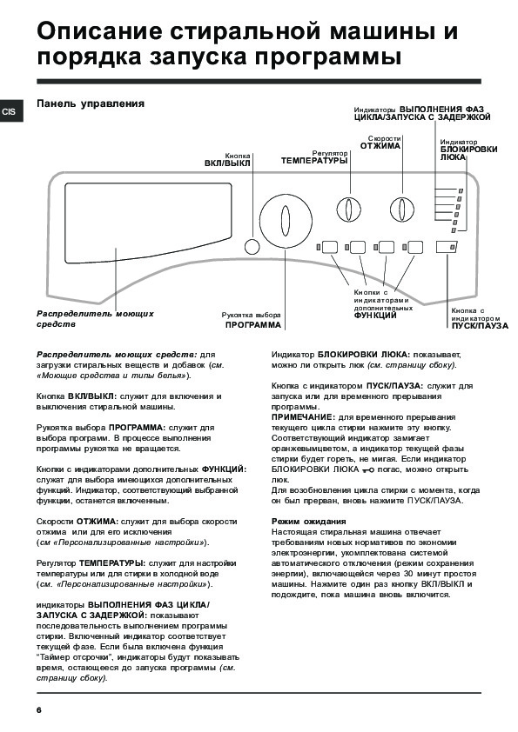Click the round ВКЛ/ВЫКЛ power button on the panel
click(x=252, y=247)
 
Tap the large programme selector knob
click(x=286, y=220)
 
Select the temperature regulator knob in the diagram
click(x=349, y=209)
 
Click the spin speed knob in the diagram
click(x=401, y=209)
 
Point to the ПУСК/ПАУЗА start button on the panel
click(x=447, y=247)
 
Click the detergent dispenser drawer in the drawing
click(x=149, y=223)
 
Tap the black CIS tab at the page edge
click(x=10, y=112)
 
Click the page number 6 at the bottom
click(x=39, y=710)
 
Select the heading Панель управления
click(x=91, y=103)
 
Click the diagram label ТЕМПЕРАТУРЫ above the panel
click(x=314, y=161)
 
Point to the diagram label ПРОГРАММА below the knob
click(x=253, y=325)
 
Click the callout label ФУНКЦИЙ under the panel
click(x=375, y=316)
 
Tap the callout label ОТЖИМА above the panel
click(x=380, y=146)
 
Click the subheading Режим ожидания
click(x=308, y=522)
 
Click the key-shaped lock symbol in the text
click(x=368, y=470)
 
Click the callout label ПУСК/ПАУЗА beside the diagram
click(x=480, y=326)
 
